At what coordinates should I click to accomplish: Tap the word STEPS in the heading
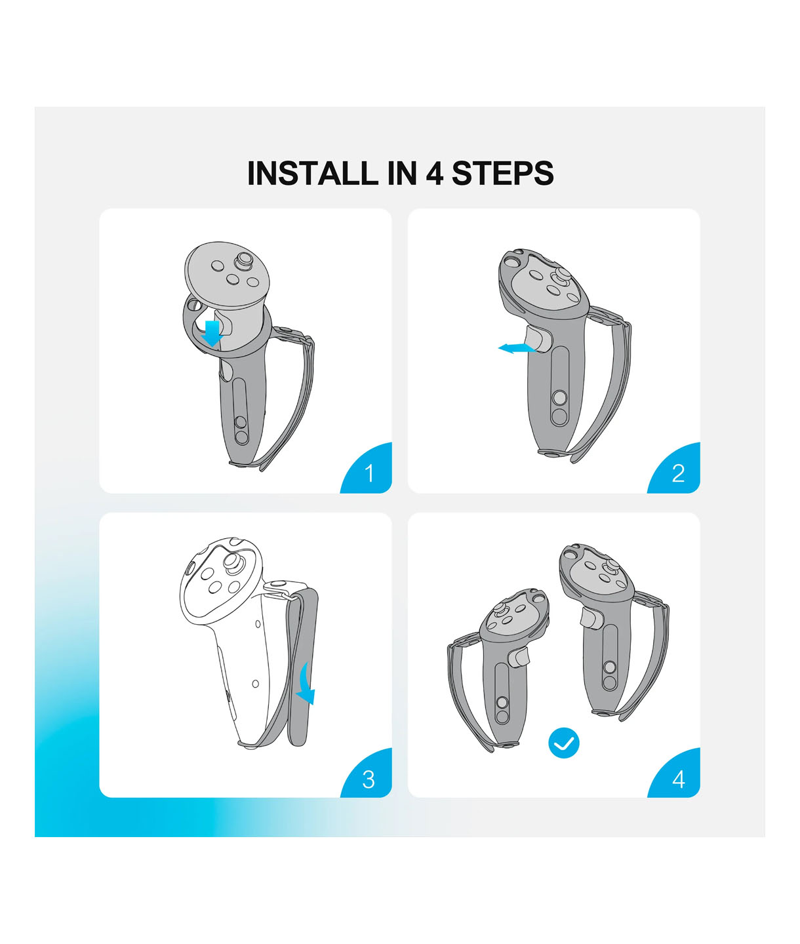502,174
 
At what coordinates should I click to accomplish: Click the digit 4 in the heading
435,174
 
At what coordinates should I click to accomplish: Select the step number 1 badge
367,468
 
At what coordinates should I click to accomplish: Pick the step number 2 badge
674,468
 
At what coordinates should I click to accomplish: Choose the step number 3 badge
367,775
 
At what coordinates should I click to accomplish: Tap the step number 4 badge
674,775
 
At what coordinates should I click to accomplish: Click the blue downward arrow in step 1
212,334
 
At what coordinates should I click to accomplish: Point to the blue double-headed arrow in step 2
517,349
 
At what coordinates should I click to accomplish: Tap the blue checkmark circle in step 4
563,743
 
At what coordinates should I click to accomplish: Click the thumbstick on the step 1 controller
243,262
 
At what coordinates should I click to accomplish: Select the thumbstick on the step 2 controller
558,278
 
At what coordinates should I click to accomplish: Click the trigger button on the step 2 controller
538,339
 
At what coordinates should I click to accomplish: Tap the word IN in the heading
402,174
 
